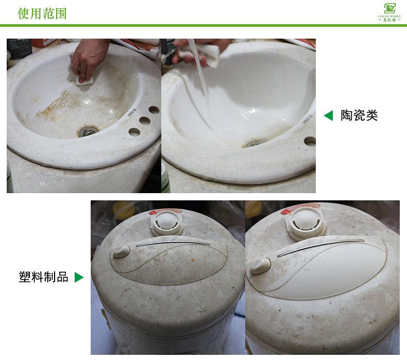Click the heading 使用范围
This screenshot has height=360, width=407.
point(42,13)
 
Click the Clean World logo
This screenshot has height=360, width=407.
point(389,12)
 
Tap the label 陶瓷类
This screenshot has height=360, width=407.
point(359,116)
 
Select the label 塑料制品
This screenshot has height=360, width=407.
point(43,277)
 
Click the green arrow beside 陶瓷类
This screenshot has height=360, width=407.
point(328,116)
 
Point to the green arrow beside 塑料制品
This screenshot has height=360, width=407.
point(79,278)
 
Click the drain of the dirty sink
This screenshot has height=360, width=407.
point(88,131)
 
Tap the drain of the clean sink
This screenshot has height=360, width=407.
point(252,143)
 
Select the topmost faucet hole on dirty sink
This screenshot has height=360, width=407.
point(154,110)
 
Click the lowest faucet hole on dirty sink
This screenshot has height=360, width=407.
point(134,132)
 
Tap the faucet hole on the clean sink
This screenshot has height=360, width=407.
point(310,141)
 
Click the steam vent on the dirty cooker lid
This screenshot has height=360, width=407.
point(166,223)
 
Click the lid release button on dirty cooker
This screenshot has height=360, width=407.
point(122,251)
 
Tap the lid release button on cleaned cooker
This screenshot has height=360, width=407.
point(260,265)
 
